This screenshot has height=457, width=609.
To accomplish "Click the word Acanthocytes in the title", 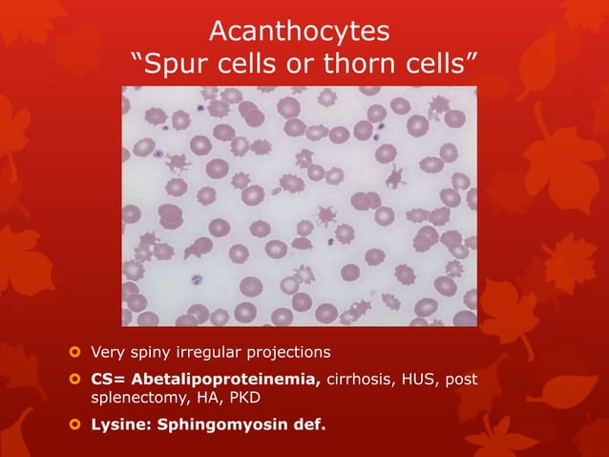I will coord(299,32).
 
